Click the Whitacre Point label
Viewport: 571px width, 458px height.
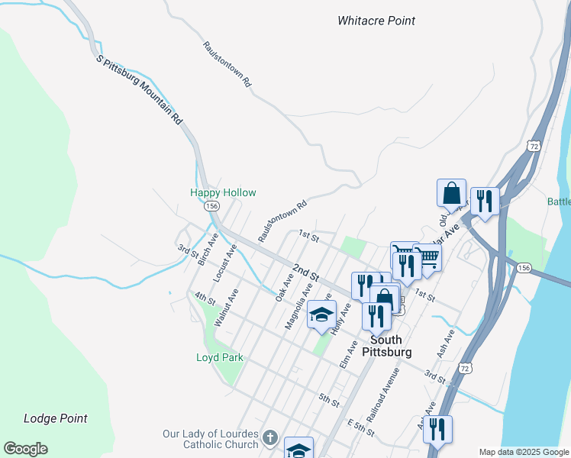tap(376, 21)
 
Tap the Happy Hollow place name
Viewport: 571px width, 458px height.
tap(223, 193)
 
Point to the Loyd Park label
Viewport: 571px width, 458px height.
tap(219, 357)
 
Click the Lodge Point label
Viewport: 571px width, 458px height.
tap(55, 418)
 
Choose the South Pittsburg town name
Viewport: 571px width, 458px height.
tap(390, 346)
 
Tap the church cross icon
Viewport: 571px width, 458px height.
tap(269, 439)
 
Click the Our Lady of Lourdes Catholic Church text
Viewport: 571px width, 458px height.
tap(210, 439)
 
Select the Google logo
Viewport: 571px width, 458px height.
tap(25, 449)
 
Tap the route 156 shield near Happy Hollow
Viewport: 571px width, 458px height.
tap(211, 207)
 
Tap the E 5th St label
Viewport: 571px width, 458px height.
tap(360, 427)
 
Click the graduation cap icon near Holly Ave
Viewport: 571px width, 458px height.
tap(322, 314)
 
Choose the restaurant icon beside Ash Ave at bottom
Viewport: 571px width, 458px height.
tap(437, 429)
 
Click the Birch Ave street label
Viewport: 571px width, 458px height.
tap(207, 250)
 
